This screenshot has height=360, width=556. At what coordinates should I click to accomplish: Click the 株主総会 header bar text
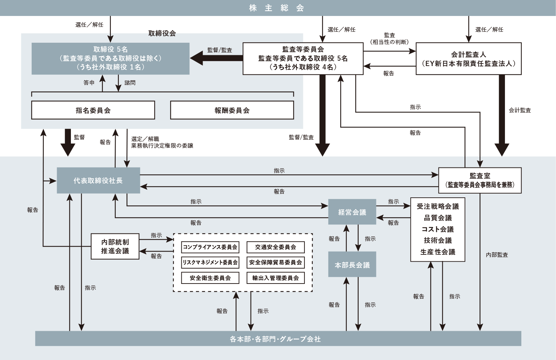click(277, 8)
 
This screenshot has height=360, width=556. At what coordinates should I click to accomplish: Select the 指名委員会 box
click(93, 111)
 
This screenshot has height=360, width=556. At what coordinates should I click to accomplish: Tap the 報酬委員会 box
click(232, 111)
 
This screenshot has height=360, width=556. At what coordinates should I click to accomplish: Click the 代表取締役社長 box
click(98, 181)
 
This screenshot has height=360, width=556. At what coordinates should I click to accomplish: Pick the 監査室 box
click(480, 180)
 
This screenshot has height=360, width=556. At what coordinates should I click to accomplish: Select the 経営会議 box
click(352, 212)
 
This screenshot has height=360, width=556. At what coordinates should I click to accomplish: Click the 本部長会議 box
click(352, 265)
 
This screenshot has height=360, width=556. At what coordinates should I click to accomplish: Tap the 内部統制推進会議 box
click(115, 246)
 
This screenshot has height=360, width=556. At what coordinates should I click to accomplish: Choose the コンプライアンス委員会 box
click(210, 247)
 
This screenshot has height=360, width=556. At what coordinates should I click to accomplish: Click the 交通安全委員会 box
click(276, 247)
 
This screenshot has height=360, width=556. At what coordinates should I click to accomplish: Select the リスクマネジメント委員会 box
click(210, 262)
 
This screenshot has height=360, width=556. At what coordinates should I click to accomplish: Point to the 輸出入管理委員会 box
click(276, 278)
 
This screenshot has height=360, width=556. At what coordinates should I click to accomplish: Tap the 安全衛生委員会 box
click(210, 278)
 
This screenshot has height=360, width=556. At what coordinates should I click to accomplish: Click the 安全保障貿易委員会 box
click(276, 262)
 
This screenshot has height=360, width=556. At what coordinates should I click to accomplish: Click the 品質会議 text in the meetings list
click(438, 218)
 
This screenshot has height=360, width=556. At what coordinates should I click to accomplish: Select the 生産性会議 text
click(438, 252)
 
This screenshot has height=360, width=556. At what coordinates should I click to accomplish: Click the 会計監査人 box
click(468, 59)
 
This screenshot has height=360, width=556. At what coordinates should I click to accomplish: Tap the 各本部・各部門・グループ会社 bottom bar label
click(275, 339)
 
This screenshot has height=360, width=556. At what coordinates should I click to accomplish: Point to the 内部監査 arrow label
click(497, 255)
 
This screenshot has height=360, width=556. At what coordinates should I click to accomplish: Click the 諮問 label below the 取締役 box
click(130, 83)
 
